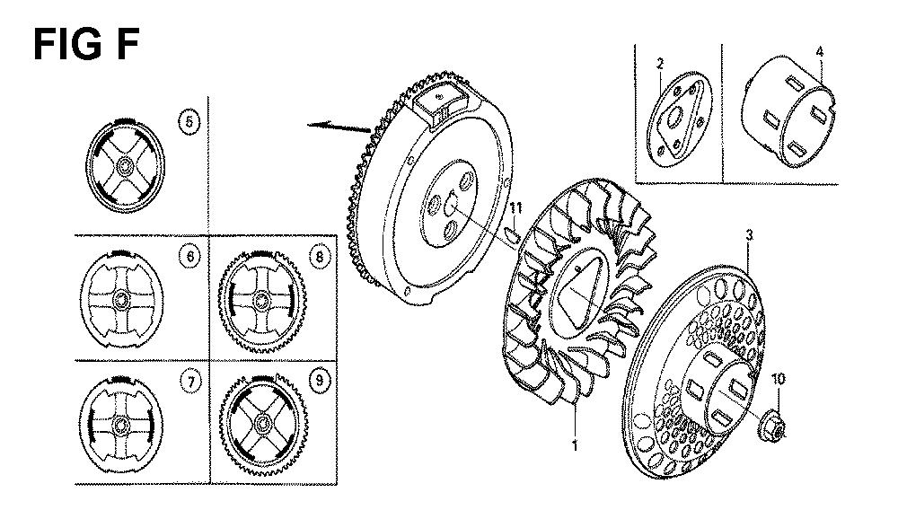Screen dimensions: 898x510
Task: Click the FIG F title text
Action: click(86, 44)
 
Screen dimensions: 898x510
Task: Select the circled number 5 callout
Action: click(189, 122)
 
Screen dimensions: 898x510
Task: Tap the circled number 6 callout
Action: click(190, 257)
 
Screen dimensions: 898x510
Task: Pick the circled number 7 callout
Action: click(190, 382)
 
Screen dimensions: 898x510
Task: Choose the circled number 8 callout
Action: click(320, 257)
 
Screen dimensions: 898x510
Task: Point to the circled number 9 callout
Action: click(319, 381)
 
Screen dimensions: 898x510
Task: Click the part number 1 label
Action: click(575, 444)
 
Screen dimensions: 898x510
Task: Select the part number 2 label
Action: click(660, 64)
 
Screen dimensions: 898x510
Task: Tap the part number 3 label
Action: click(749, 234)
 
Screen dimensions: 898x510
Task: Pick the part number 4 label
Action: click(820, 52)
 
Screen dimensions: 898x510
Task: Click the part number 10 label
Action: click(779, 379)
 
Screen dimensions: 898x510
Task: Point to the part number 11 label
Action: click(516, 207)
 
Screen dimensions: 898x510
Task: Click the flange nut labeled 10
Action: click(772, 427)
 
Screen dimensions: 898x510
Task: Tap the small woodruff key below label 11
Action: click(514, 234)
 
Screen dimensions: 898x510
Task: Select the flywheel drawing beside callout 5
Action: click(125, 165)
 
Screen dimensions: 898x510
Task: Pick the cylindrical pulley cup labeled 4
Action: click(788, 111)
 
